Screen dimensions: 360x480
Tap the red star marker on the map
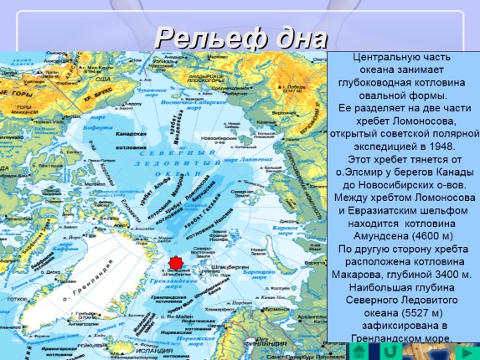(175, 264)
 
